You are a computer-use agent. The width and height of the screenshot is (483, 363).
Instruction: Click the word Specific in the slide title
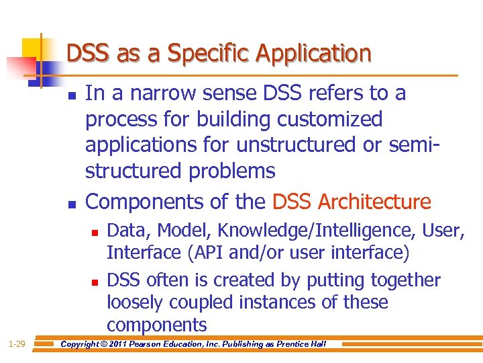pyautogui.click(x=198, y=53)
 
